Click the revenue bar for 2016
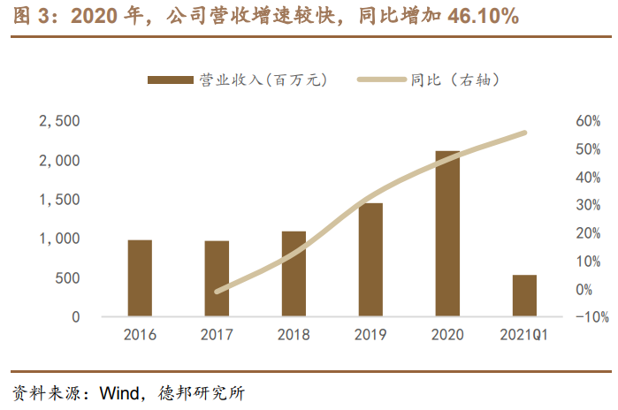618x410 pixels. tap(140, 277)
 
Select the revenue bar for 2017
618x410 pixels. tap(217, 278)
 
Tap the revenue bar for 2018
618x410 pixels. tap(294, 273)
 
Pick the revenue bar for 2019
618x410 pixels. tap(370, 259)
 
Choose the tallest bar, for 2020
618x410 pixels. tap(447, 233)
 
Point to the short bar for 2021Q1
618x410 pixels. tap(524, 295)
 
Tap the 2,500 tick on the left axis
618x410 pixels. tap(59, 121)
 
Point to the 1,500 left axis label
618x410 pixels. tap(59, 200)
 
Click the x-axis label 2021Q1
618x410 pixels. tap(524, 336)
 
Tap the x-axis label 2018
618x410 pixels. tap(294, 336)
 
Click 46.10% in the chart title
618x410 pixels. tap(470, 17)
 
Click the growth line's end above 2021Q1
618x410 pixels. tap(524, 133)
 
